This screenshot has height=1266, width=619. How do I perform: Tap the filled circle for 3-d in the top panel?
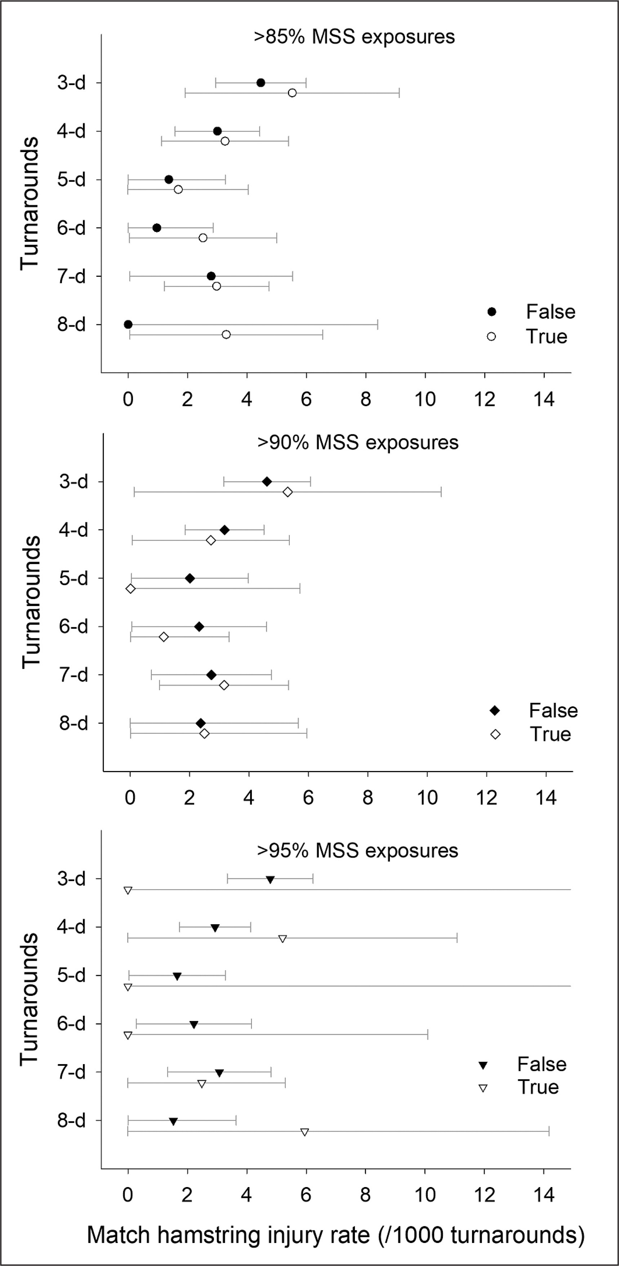(x=261, y=83)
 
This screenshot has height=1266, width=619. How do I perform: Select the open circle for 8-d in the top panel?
(x=226, y=335)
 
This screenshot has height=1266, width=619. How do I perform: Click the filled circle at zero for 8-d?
(x=128, y=324)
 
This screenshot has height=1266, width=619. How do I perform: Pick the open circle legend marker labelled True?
(x=491, y=337)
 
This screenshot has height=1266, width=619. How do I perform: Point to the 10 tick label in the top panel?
(x=425, y=399)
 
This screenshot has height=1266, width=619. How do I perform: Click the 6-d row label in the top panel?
(x=71, y=228)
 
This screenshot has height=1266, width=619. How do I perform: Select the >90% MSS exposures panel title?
(x=358, y=443)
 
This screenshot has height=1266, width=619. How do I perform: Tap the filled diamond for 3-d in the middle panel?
(x=267, y=482)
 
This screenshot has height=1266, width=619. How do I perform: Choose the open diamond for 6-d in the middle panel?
(x=164, y=637)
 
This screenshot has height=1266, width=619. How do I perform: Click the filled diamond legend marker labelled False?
(x=495, y=711)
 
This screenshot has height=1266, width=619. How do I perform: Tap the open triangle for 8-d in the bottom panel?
(x=304, y=1132)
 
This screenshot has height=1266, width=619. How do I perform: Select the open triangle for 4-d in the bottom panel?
(x=282, y=939)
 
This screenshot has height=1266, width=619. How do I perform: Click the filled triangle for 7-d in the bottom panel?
(x=219, y=1073)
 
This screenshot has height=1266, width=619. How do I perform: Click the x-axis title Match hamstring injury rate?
(x=335, y=1235)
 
